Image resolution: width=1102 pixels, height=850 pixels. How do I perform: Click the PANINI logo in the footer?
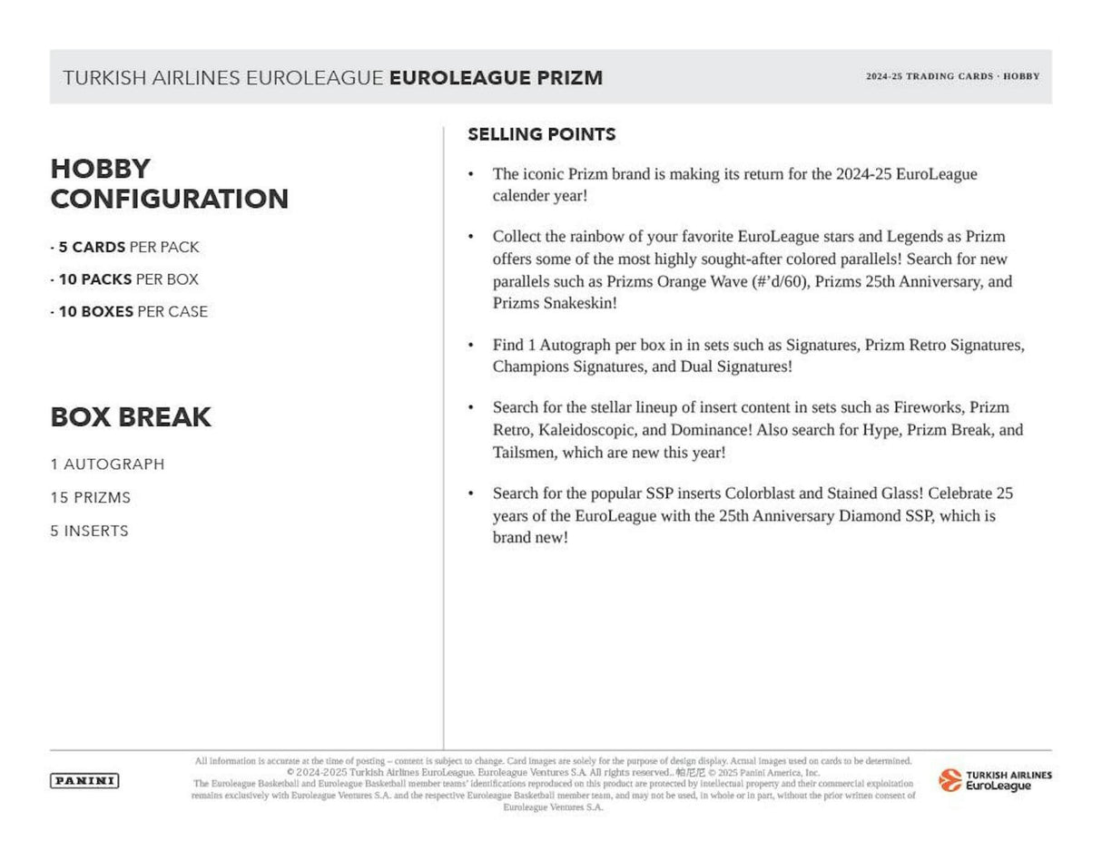84,781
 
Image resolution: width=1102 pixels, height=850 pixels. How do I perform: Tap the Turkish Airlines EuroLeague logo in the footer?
995,780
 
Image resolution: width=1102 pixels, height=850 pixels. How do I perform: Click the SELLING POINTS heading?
541,134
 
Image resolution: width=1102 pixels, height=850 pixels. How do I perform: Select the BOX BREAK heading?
131,417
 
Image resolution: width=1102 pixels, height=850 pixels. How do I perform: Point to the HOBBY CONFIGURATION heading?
169,183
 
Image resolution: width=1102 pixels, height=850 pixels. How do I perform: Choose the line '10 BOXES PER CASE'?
130,311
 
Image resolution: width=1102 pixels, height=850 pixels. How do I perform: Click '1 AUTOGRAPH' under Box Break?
107,464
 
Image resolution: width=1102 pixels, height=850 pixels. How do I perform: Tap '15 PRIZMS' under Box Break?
90,497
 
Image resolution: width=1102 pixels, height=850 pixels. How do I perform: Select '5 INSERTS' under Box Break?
89,531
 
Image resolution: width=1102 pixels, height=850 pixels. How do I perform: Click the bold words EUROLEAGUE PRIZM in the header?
496,78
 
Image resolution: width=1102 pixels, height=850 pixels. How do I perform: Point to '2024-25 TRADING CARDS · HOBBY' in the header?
952,76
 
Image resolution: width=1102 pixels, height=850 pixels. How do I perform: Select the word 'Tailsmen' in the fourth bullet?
522,452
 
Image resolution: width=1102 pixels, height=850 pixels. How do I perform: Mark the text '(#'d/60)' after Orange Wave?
781,281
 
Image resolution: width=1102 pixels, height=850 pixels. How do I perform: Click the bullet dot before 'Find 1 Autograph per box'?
470,345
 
